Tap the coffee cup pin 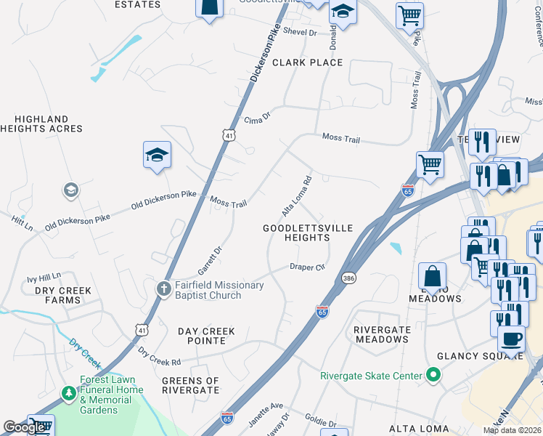[511, 339]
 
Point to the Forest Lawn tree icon [69, 394]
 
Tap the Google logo [25, 427]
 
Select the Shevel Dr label [301, 33]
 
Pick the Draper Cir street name [306, 267]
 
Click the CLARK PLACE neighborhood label [307, 62]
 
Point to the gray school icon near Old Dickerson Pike [70, 191]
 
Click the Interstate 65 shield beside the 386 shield [323, 311]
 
